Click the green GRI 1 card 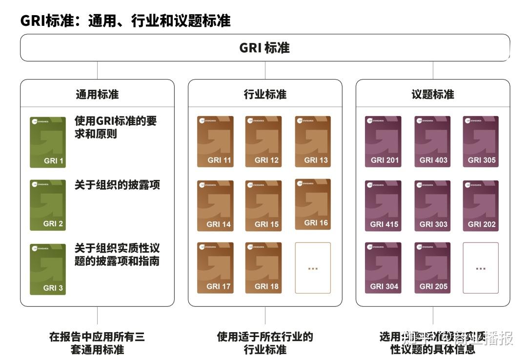(x=48, y=142)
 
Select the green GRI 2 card (x=48, y=205)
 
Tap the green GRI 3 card (x=48, y=269)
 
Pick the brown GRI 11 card (x=215, y=141)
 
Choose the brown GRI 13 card (x=313, y=141)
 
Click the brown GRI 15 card (x=263, y=206)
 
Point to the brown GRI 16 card (x=313, y=204)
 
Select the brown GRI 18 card (x=263, y=268)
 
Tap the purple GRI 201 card (x=383, y=141)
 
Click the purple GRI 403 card (x=432, y=141)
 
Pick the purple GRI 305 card (x=481, y=141)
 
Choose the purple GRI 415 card (x=383, y=206)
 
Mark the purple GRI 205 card (x=432, y=268)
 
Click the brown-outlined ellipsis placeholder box (x=313, y=268)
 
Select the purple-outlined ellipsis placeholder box (x=481, y=268)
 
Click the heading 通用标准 (x=97, y=94)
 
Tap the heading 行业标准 (x=265, y=94)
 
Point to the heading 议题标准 (x=433, y=94)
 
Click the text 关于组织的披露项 (x=117, y=185)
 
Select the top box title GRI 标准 (x=264, y=48)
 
